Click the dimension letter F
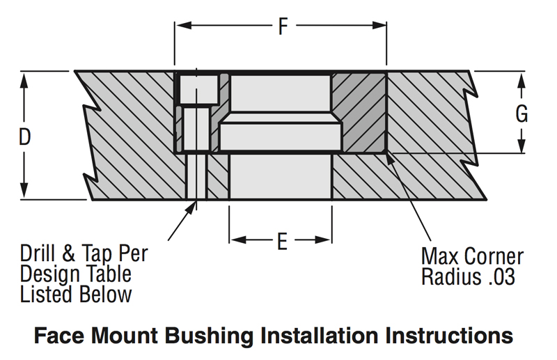[282, 27]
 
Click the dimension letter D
[24, 137]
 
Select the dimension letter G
[521, 114]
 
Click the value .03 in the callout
[499, 276]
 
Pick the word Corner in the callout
[492, 256]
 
